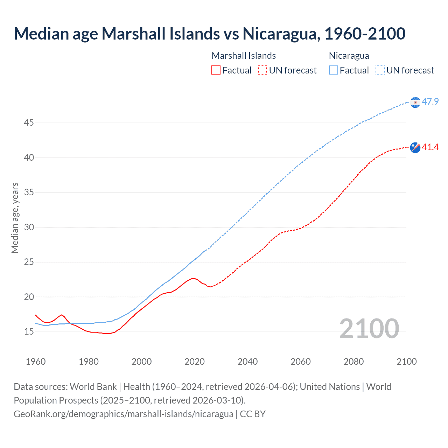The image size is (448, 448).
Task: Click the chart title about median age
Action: [x=209, y=34]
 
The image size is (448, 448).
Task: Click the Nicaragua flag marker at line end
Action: [x=415, y=102]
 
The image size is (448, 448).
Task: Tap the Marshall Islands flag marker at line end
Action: [x=415, y=147]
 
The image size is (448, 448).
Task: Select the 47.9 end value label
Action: [x=430, y=102]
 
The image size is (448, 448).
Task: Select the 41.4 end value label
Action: [x=430, y=147]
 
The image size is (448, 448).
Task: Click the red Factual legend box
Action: [x=216, y=70]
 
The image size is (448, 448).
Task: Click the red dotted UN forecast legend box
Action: [x=262, y=70]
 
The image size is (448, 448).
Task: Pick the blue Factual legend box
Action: [x=333, y=70]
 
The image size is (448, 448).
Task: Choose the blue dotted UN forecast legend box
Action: [x=380, y=70]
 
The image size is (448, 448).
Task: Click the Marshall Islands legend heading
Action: [x=244, y=56]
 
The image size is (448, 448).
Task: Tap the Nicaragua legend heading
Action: [x=349, y=56]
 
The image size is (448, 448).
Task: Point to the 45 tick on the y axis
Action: [x=29, y=123]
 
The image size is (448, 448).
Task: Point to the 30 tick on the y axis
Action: [x=29, y=227]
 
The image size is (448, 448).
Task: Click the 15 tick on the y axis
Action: [x=29, y=331]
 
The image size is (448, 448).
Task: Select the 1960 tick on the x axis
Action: [x=36, y=362]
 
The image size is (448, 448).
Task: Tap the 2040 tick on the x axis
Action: [x=247, y=362]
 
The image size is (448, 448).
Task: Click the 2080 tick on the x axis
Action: [x=353, y=362]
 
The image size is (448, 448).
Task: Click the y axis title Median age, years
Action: [x=15, y=218]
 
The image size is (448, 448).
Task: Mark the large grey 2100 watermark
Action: [x=369, y=329]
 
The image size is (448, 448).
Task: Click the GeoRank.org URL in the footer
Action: [x=124, y=414]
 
